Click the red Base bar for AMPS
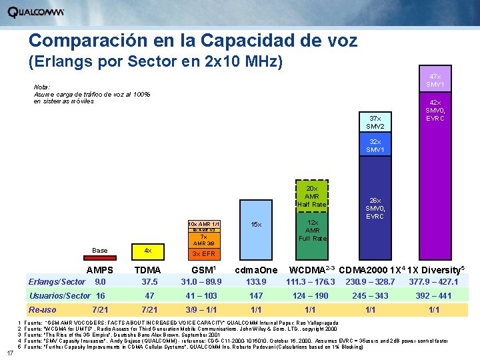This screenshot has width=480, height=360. click(x=99, y=251)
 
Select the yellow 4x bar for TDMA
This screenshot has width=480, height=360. click(x=148, y=251)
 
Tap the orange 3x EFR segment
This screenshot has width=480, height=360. click(x=203, y=254)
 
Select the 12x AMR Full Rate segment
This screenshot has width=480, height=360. click(x=311, y=230)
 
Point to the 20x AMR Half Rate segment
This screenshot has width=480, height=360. click(x=311, y=197)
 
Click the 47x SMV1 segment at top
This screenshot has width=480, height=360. click(x=435, y=81)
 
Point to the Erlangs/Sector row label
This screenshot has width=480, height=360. click(x=56, y=282)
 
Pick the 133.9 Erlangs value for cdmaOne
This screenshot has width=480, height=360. click(x=256, y=282)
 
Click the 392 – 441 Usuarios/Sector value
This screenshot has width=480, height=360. click(x=434, y=296)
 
